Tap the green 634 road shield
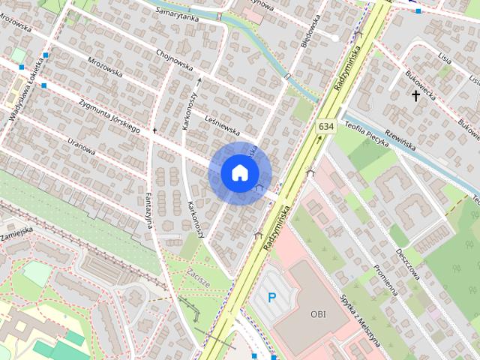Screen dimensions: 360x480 pos(325,127)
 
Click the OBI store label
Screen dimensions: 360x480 pos(318,313)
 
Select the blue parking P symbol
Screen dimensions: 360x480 pos(272,298)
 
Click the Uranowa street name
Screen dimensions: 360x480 pos(81,145)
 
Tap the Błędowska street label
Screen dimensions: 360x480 pos(309,31)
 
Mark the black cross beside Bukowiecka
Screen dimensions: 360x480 pos(415,96)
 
